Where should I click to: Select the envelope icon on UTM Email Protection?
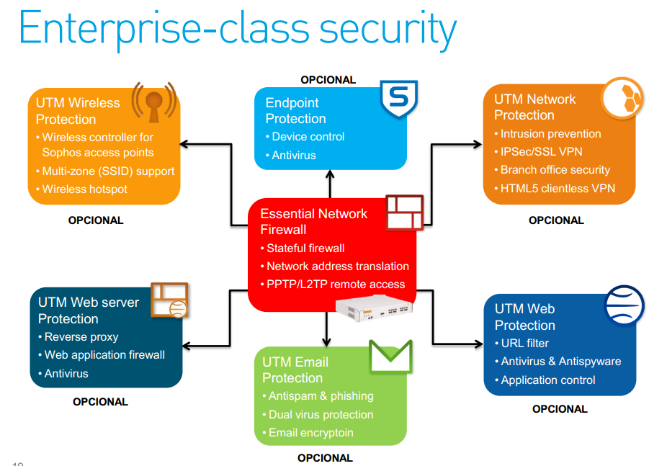pyautogui.click(x=390, y=356)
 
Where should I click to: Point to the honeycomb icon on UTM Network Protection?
pyautogui.click(x=623, y=98)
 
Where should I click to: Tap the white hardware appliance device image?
pyautogui.click(x=372, y=308)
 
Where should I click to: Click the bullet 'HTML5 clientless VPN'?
pyautogui.click(x=556, y=189)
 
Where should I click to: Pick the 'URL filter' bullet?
pyautogui.click(x=524, y=343)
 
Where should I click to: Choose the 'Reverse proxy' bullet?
pyautogui.click(x=81, y=336)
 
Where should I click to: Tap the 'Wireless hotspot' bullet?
pyautogui.click(x=84, y=189)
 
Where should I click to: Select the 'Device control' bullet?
pyautogui.click(x=308, y=136)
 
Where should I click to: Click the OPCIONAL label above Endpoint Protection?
pyautogui.click(x=328, y=80)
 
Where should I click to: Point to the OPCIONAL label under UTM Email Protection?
pyautogui.click(x=325, y=457)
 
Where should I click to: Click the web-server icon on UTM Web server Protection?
pyautogui.click(x=169, y=300)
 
